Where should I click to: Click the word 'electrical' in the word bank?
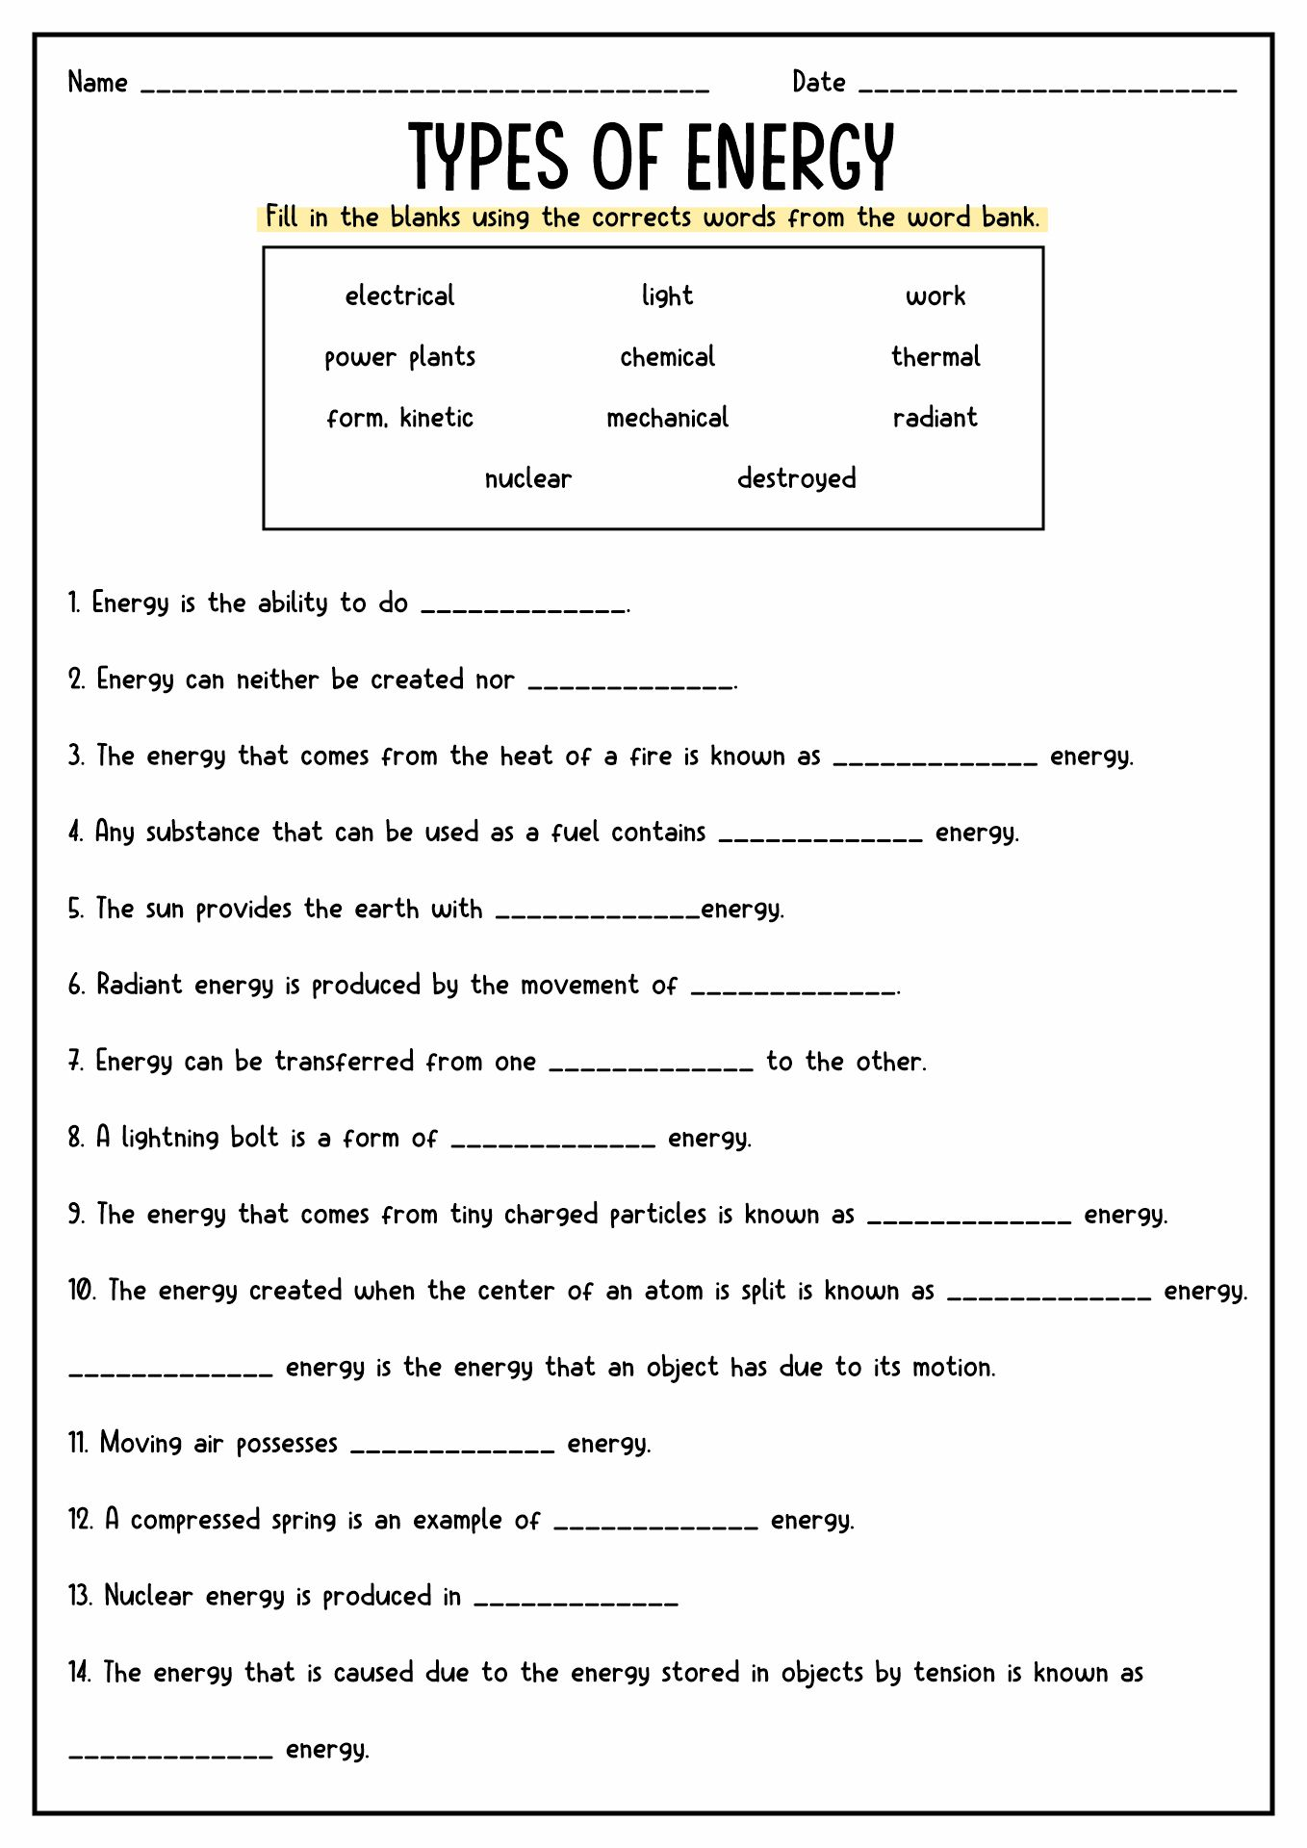pyautogui.click(x=399, y=295)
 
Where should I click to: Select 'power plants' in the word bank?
pyautogui.click(x=399, y=357)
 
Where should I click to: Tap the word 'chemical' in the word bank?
pyautogui.click(x=667, y=357)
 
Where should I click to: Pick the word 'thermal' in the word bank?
pyautogui.click(x=935, y=357)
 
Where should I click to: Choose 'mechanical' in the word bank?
pyautogui.click(x=667, y=418)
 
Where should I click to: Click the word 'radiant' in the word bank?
pyautogui.click(x=935, y=418)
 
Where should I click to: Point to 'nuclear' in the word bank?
pyautogui.click(x=527, y=478)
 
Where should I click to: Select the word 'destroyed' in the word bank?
pyautogui.click(x=796, y=478)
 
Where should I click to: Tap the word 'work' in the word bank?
pyautogui.click(x=935, y=296)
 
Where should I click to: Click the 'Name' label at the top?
pyautogui.click(x=98, y=83)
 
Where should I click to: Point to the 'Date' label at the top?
pyautogui.click(x=819, y=83)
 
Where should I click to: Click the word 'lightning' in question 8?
pyautogui.click(x=169, y=1139)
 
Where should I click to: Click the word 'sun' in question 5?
pyautogui.click(x=164, y=910)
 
